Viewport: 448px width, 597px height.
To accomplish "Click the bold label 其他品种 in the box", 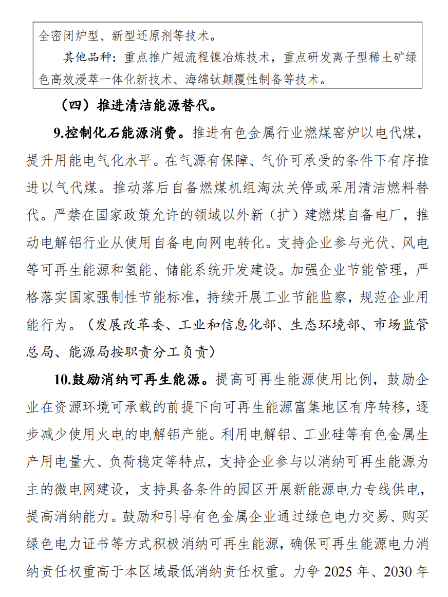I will click(x=84, y=57).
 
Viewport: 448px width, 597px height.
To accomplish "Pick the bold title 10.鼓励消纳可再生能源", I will click(x=131, y=380).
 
